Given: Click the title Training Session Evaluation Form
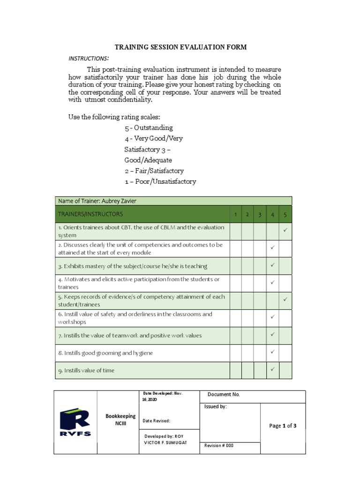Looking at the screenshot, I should (x=181, y=47).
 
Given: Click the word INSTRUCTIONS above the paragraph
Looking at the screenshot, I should (x=89, y=58).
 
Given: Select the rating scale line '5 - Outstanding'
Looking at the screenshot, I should (x=149, y=127).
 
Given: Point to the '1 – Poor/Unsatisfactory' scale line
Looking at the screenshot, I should (x=160, y=181).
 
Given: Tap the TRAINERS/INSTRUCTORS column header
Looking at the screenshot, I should (x=90, y=214).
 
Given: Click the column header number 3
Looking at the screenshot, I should (x=259, y=215).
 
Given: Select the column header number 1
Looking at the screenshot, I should (x=235, y=215).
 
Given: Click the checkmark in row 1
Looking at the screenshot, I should (x=285, y=231).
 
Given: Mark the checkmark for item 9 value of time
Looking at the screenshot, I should (x=272, y=369).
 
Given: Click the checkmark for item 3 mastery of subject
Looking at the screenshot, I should (x=272, y=265).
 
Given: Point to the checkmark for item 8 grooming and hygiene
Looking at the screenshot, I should (x=272, y=352).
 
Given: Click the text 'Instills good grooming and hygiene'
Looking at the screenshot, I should (x=108, y=353).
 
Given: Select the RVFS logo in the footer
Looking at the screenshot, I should (x=75, y=422).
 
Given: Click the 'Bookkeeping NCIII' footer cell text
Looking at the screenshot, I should (x=120, y=420).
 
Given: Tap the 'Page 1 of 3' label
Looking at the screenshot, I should (x=283, y=426).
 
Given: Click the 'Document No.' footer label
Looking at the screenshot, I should (x=224, y=395).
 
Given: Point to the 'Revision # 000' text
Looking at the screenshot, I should (x=219, y=446).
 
